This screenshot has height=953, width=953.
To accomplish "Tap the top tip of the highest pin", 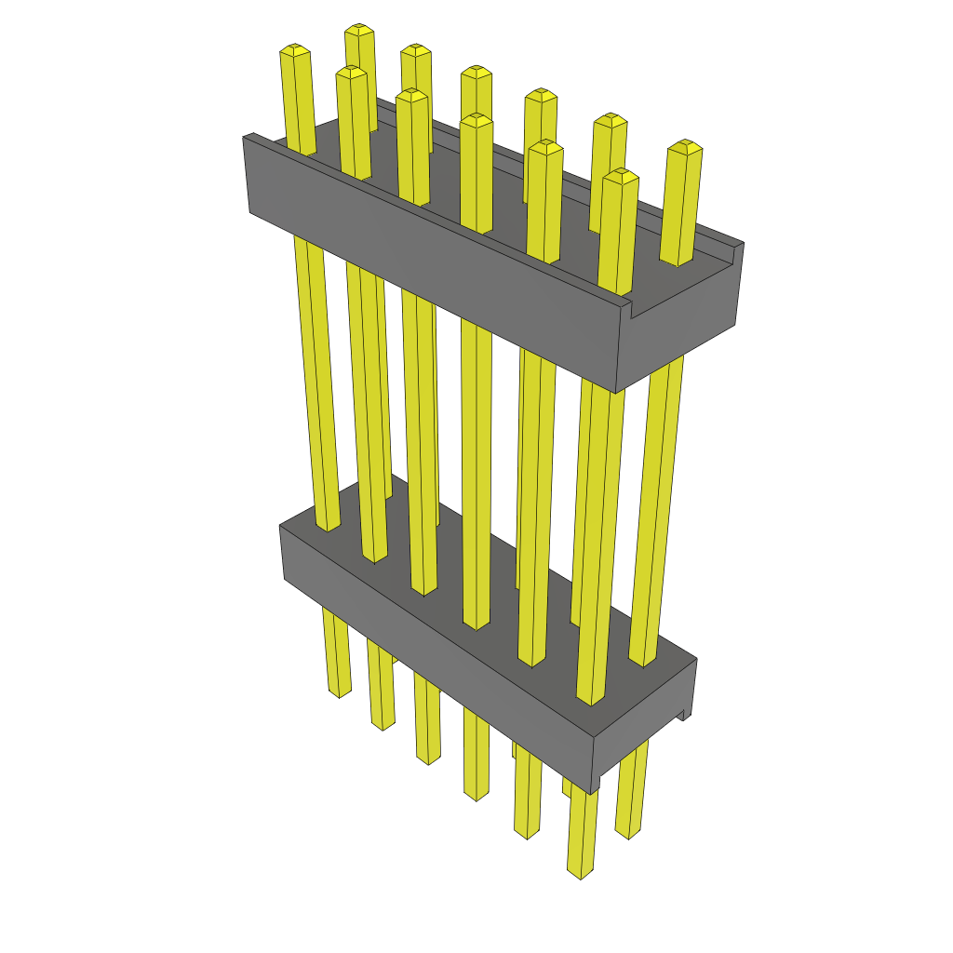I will (x=359, y=30).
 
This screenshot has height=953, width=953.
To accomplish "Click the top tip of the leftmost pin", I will (x=294, y=48).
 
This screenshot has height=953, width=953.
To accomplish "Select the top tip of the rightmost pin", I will (x=686, y=145).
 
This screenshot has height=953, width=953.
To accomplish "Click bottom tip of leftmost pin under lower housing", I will (x=340, y=693).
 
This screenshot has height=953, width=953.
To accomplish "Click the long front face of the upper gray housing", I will (x=428, y=279).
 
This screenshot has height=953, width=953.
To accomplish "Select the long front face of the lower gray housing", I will (x=437, y=651).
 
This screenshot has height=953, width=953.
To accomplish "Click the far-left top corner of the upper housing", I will (x=246, y=137).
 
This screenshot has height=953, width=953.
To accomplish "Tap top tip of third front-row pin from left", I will (x=410, y=93).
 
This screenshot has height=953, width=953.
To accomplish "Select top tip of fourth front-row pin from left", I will (x=476, y=118).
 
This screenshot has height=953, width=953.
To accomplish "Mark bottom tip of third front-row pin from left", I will (x=428, y=761).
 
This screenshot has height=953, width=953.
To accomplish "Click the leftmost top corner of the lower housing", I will (x=281, y=526).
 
